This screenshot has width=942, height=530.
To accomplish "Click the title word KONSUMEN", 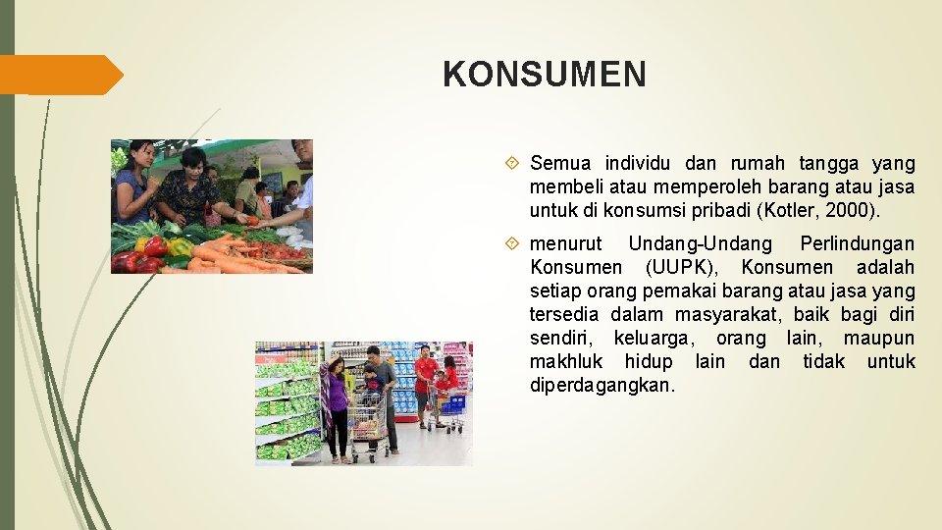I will tap(545, 75).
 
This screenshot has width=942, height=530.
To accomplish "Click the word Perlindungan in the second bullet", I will tap(857, 243).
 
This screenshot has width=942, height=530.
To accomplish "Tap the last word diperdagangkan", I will tap(602, 385).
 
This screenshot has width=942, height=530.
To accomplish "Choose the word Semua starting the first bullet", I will tap(561, 163).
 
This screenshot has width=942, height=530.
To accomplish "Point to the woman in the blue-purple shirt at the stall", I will tap(132, 186).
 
